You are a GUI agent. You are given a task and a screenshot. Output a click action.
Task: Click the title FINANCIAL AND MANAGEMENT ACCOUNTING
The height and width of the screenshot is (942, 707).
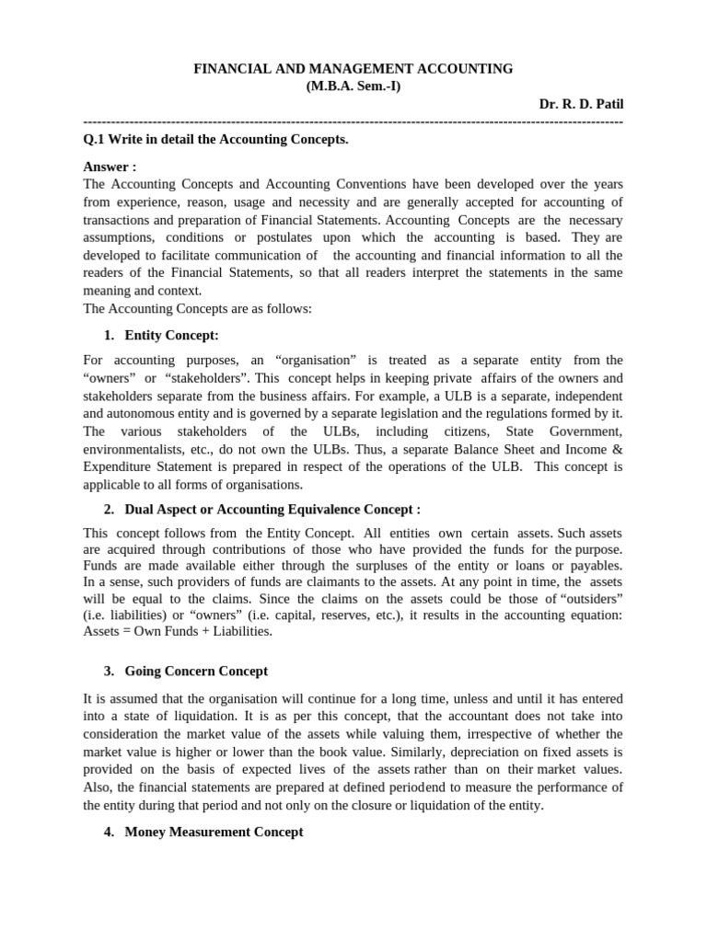pos(353,69)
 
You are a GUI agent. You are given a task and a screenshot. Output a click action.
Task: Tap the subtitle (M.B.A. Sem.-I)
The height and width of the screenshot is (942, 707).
pos(353,86)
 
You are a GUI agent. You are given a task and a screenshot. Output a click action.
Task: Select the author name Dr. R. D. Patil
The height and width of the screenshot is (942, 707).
pos(581,104)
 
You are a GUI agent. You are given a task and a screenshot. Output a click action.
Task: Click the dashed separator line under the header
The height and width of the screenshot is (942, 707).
pos(353,121)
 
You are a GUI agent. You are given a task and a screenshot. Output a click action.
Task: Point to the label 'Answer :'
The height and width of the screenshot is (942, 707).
pos(110,167)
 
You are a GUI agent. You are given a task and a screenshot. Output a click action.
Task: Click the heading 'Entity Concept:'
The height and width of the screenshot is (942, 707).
pos(171,335)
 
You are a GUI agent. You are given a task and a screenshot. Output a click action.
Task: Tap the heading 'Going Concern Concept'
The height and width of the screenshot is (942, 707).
pos(196,672)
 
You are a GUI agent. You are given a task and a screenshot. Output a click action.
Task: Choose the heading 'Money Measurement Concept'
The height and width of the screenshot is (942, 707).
pos(214,832)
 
